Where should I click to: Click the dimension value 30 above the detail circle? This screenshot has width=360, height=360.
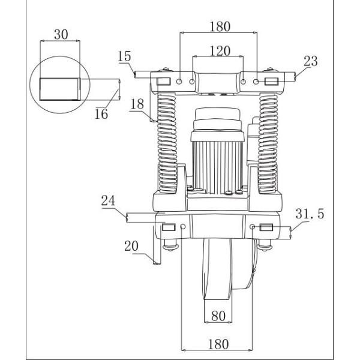point(61,35)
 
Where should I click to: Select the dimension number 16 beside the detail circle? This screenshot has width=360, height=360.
point(102,114)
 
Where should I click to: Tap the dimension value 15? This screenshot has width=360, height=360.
point(125,57)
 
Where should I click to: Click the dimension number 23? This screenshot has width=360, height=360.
point(311,60)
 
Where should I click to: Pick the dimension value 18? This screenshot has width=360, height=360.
point(137,103)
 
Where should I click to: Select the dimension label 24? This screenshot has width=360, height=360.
point(108,203)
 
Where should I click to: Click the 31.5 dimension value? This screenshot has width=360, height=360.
point(311,213)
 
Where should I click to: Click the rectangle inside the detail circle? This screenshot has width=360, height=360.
point(59,89)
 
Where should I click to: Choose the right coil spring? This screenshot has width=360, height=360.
point(269,144)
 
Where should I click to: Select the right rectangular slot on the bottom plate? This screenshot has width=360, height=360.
point(266,227)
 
